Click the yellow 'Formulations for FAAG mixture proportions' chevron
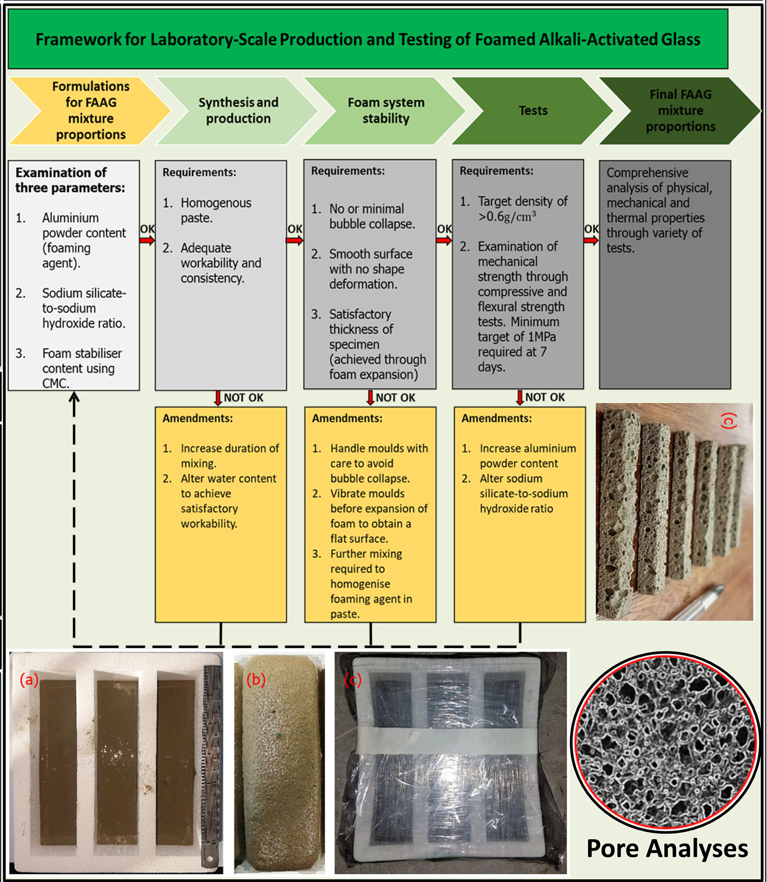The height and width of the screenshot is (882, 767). (x=91, y=110)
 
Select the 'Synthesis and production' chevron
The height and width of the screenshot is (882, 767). (x=238, y=110)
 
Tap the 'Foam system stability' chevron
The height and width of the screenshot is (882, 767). (x=386, y=110)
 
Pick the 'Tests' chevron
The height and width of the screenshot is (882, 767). (x=533, y=110)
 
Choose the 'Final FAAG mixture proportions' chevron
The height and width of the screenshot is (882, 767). (x=680, y=110)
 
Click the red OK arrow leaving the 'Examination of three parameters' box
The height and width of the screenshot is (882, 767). (x=147, y=240)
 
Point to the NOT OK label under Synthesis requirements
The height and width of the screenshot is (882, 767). (x=243, y=398)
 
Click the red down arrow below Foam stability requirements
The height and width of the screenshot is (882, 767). (x=370, y=398)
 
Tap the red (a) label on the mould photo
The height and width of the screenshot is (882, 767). (x=29, y=680)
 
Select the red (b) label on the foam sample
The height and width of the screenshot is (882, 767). (x=256, y=680)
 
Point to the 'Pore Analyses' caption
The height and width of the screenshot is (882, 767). (x=667, y=849)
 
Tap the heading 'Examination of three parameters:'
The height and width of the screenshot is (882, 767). (x=70, y=180)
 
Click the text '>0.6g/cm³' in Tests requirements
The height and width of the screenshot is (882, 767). (x=507, y=217)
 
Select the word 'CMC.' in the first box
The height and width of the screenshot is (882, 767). (x=56, y=383)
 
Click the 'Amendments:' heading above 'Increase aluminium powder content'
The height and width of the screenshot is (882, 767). (x=497, y=419)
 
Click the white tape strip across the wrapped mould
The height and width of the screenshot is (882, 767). (x=450, y=741)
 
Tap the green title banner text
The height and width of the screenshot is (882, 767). (x=368, y=39)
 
